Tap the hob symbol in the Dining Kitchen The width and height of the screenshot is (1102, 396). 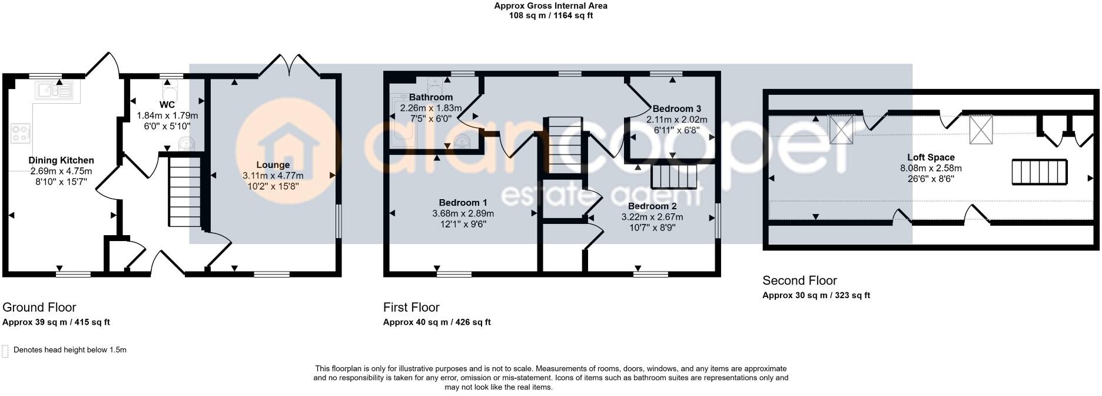pos(20,133)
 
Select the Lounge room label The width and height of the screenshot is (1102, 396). pos(273,165)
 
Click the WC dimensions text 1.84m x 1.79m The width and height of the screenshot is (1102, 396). pos(167,116)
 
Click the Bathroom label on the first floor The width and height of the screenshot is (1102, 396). pos(431,97)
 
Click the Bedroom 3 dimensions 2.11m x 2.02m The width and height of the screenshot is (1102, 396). pos(676,119)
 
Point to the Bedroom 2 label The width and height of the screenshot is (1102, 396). pos(652,206)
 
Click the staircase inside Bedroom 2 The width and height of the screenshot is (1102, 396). pos(673,176)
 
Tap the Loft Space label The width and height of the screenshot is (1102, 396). pos(931,157)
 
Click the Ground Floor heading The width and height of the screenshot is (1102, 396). pos(39,307)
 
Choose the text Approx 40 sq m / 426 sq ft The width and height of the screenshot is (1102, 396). pos(436,322)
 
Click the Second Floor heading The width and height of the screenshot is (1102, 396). pos(799,280)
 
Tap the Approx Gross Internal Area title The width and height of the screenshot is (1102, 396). pos(550,6)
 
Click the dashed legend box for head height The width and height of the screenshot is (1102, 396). pos(5,351)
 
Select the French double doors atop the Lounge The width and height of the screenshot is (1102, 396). pos(289,66)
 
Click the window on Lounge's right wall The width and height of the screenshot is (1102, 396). pos(339,221)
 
